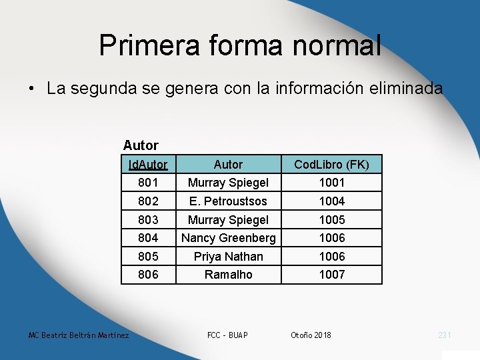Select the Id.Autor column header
[x=148, y=164]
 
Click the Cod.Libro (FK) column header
[x=331, y=164]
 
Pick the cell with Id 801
[x=148, y=182]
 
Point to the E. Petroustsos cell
[x=228, y=201]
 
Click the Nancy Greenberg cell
[x=228, y=238]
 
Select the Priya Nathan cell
[x=228, y=257]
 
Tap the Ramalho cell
[x=228, y=274]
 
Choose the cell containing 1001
[x=331, y=182]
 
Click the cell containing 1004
[x=331, y=201]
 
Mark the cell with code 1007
[x=331, y=274]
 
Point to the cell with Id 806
[x=148, y=274]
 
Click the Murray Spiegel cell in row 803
[x=228, y=219]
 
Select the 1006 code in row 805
[x=331, y=257]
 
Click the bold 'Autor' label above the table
[x=141, y=145]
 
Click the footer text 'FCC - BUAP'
[x=228, y=335]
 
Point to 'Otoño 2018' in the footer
[x=311, y=335]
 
